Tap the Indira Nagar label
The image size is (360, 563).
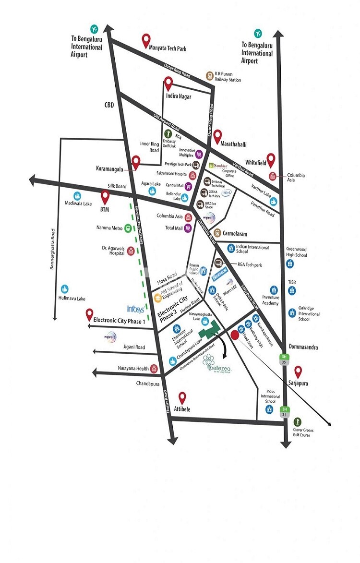tap(178, 96)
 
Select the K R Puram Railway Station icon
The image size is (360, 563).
tap(209, 76)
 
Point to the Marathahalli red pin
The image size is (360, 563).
tap(217, 136)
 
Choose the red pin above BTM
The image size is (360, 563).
tap(106, 197)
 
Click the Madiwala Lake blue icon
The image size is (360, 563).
tap(77, 196)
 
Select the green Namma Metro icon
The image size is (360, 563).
tap(128, 228)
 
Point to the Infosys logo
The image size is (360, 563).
tap(135, 309)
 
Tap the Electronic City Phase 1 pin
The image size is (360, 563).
tap(89, 314)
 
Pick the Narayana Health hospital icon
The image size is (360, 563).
tap(154, 369)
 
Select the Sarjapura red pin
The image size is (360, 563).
tap(298, 371)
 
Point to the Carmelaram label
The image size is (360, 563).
tap(234, 233)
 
